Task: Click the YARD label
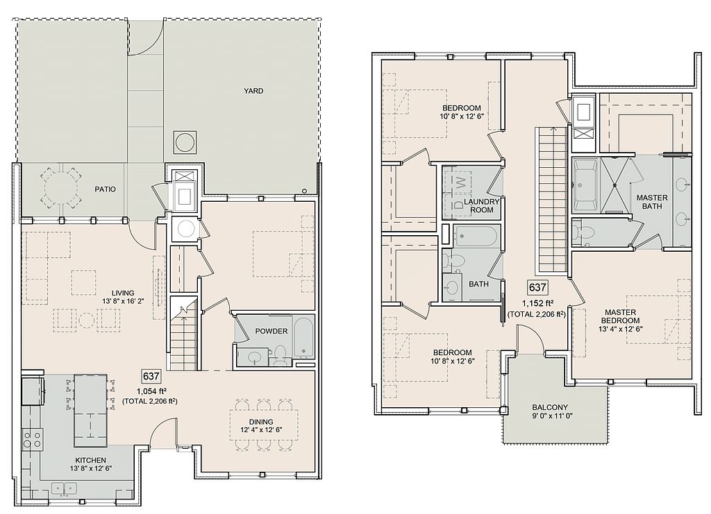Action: (x=253, y=91)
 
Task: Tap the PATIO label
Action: (x=105, y=189)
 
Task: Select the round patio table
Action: (x=61, y=186)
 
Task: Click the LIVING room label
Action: (x=123, y=293)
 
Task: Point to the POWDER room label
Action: (x=271, y=331)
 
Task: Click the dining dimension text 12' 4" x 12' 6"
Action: (x=261, y=430)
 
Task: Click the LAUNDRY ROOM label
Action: (x=482, y=205)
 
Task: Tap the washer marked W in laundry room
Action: (x=460, y=182)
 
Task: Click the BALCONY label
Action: (x=550, y=407)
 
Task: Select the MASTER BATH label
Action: (x=652, y=202)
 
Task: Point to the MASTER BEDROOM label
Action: (x=620, y=316)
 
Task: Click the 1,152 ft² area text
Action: (x=537, y=303)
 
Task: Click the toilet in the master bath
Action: (x=583, y=233)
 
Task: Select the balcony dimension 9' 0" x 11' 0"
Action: (x=550, y=416)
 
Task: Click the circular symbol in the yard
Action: (x=184, y=142)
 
